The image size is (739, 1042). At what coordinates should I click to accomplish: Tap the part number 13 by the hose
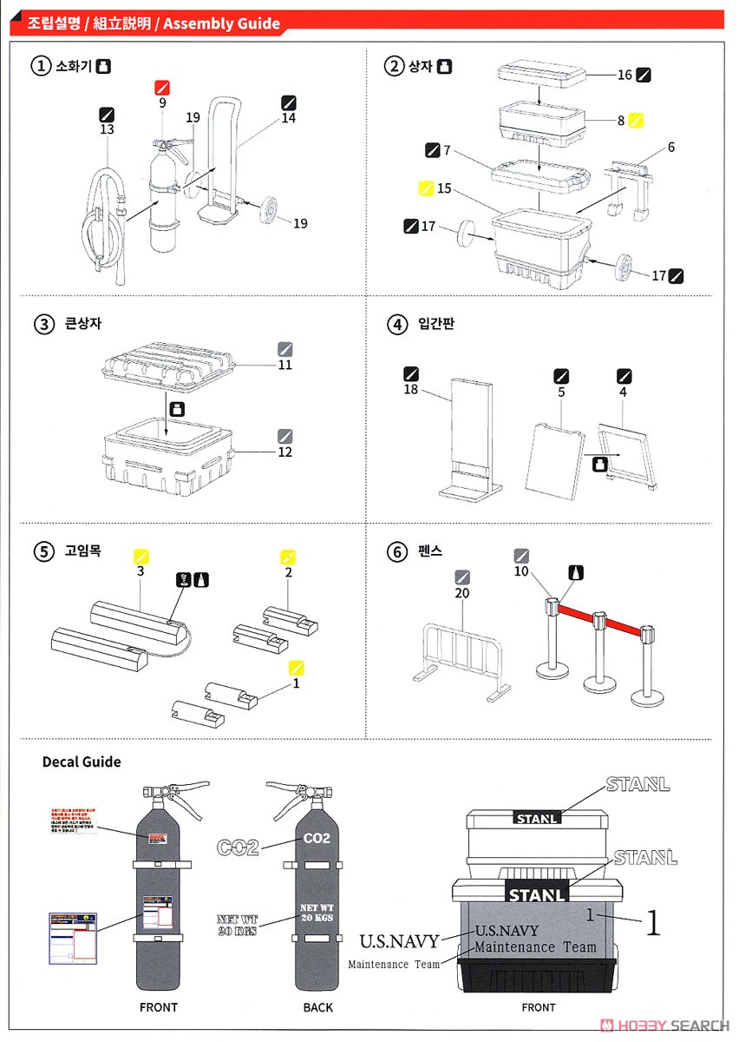coord(108,129)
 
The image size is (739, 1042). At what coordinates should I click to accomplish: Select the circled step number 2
coord(395,66)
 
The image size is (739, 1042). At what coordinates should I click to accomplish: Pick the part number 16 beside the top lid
coord(625,76)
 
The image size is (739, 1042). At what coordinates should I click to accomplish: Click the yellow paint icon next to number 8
coord(636,121)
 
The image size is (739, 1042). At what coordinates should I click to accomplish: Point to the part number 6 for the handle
coord(670,148)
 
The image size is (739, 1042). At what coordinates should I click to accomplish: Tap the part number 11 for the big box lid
coord(285,365)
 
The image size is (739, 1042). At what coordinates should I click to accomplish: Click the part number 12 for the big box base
coord(285,452)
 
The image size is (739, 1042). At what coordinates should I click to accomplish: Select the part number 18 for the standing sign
coord(410,390)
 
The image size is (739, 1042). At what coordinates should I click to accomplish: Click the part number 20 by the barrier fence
coord(461,593)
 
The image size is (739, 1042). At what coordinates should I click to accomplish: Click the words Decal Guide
coord(82,762)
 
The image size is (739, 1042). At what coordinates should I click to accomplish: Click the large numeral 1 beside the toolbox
coord(652,922)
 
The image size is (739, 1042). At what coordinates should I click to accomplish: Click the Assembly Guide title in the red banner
coord(222,23)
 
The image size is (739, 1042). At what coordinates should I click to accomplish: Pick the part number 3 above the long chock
coord(140,571)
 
